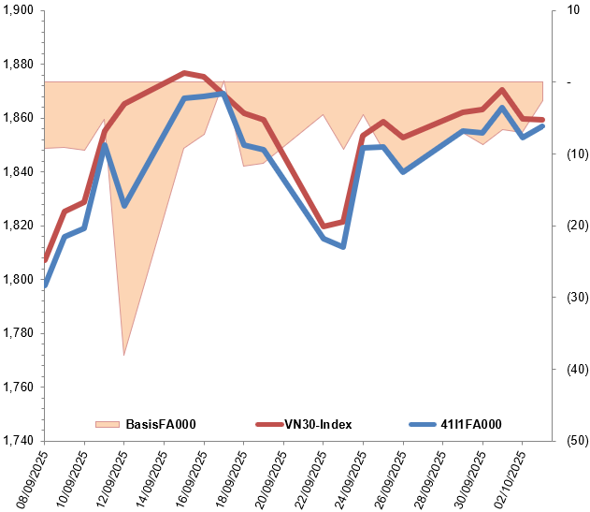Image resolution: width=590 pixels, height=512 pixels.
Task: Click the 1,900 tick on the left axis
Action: tap(18, 11)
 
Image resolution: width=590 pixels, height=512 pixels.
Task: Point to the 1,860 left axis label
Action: tap(18, 119)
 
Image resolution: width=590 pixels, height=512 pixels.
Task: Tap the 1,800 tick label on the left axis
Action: tap(18, 280)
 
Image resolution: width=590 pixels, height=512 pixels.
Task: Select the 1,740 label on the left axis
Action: tap(18, 441)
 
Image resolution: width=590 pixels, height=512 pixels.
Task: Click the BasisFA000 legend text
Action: tap(160, 425)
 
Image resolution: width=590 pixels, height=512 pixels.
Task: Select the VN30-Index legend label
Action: tap(318, 425)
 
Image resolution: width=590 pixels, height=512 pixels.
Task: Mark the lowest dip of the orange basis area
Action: tap(124, 355)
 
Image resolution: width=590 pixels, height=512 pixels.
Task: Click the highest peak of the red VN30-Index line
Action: tap(184, 72)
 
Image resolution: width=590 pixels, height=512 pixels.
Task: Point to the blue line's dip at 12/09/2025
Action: tap(124, 205)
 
